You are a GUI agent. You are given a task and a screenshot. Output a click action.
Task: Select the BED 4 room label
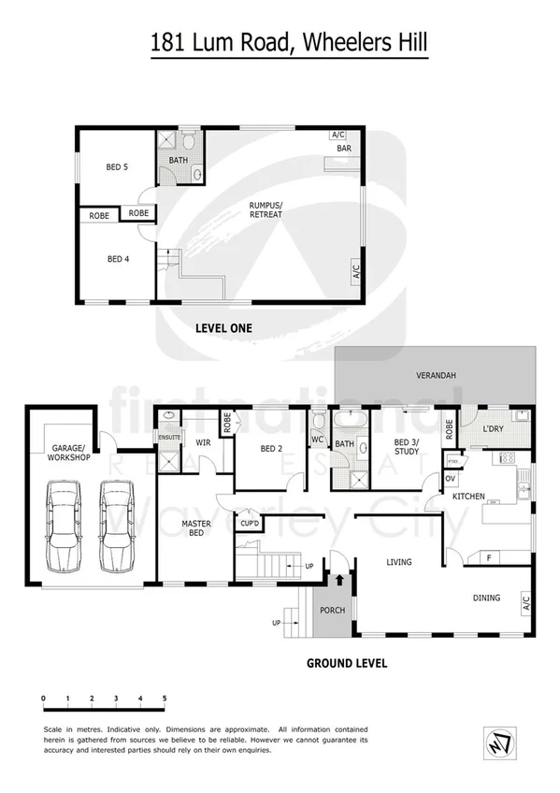[118, 259]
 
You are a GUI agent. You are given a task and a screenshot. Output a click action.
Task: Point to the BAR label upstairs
[344, 149]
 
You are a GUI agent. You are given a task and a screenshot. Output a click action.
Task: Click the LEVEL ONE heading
[223, 328]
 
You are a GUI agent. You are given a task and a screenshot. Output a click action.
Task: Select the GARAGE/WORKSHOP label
[66, 453]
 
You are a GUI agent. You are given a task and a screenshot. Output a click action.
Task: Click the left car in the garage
[64, 526]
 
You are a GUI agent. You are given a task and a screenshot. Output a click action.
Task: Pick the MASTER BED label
[194, 529]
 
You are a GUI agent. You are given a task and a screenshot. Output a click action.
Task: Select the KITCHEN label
[467, 496]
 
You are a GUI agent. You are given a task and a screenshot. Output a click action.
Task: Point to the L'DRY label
[493, 428]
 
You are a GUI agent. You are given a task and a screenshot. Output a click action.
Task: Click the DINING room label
[486, 598]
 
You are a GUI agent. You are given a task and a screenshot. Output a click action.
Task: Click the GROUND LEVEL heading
[347, 663]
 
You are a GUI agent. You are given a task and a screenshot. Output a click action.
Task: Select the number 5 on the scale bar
[165, 699]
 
